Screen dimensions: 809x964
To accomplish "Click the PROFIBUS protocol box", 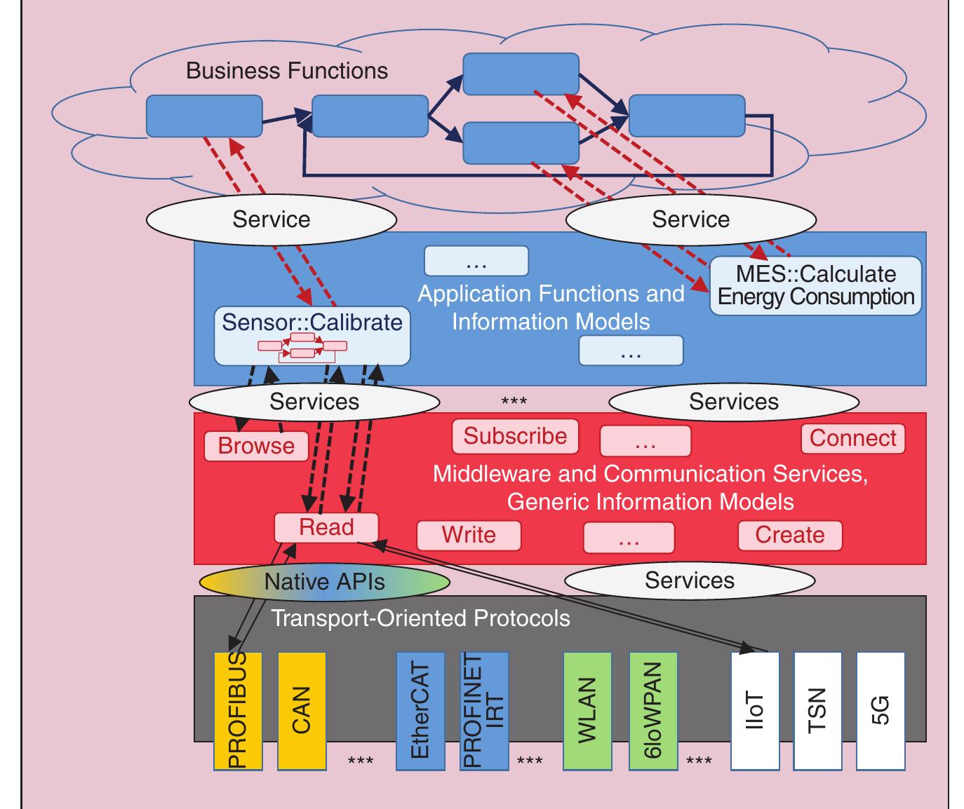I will pos(238,711).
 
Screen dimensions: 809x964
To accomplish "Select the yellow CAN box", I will pos(302,711).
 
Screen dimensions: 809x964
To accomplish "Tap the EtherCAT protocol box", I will pos(420,711).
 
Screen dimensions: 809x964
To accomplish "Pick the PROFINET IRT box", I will pos(483,711).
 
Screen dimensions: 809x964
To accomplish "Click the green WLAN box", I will pos(587,711).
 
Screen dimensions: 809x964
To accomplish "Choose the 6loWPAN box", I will pos(653,711).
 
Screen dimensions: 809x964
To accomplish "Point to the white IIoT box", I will pos(755,711).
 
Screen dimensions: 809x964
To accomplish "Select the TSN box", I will pos(818,711).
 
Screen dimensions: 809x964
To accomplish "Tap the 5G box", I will pos(881,711).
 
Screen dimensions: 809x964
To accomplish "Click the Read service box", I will pos(326,527).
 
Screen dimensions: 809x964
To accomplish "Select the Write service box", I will pos(469,536).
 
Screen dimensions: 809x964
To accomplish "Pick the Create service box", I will pos(789,536).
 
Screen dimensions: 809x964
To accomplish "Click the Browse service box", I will pos(256,447).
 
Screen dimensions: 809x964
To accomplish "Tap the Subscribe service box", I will pos(515,437).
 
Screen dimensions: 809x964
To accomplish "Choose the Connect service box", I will pos(852,439).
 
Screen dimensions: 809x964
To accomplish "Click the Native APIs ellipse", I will pos(324,582).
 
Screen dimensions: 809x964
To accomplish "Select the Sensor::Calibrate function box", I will pos(312,335).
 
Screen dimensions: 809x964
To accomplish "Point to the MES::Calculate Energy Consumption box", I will pos(815,286).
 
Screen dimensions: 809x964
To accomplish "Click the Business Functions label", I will pos(286,71).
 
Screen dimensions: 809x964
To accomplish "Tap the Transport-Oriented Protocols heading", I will pos(420,618).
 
